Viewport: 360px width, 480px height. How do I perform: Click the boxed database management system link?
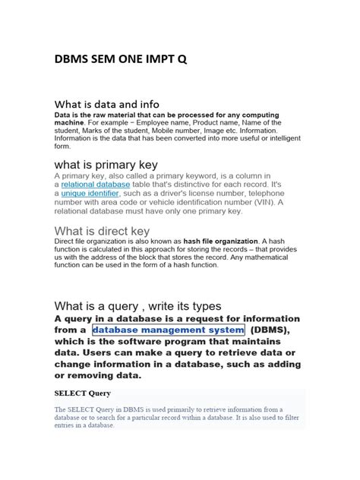[168, 330]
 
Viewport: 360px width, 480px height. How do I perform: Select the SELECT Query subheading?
[83, 393]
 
